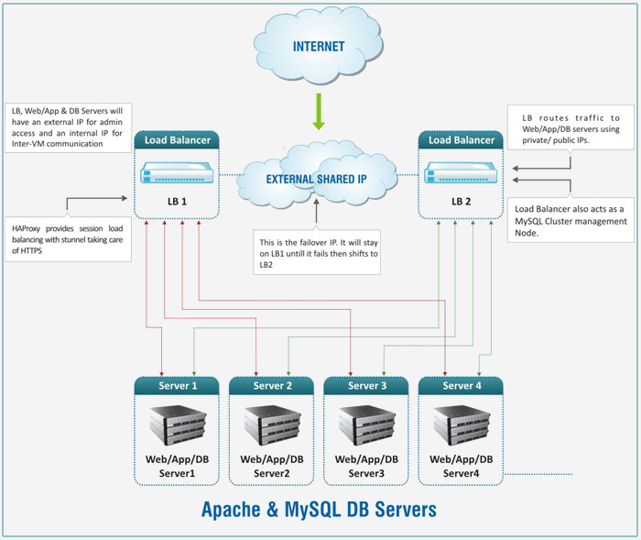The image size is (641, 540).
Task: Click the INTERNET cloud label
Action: tap(319, 47)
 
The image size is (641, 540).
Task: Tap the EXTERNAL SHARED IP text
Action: tap(317, 180)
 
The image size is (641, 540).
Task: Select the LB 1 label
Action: tap(178, 201)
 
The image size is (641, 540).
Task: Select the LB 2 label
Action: tap(463, 201)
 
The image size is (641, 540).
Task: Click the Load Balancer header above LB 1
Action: tap(178, 140)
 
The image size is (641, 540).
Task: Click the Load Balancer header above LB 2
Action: tap(462, 140)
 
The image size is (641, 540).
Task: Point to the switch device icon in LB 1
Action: tap(178, 173)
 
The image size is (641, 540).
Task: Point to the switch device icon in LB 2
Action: tap(462, 173)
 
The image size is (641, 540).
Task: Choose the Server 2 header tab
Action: tap(272, 386)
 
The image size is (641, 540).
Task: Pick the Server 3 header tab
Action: tap(366, 386)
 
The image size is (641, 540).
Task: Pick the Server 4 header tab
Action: tap(462, 386)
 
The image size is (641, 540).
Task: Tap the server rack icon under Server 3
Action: tap(366, 424)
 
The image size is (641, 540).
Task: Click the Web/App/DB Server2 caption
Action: tap(272, 466)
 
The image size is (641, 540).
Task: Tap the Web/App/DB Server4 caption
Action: tap(462, 466)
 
